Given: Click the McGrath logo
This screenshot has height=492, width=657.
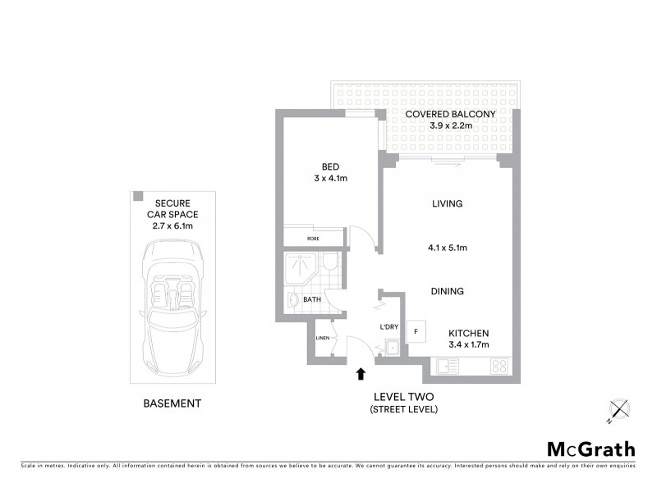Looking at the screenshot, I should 591,449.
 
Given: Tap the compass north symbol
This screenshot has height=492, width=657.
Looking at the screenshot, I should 617,409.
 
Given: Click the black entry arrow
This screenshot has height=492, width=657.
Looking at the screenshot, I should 360,375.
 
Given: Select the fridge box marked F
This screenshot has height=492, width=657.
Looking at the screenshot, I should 417,331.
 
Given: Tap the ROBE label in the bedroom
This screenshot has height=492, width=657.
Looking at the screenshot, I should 313,238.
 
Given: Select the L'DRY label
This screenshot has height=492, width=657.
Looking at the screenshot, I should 389,328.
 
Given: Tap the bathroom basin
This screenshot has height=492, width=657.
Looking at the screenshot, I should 295,302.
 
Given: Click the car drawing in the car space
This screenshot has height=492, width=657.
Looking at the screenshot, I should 173,300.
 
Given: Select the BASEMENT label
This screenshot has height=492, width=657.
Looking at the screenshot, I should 172,403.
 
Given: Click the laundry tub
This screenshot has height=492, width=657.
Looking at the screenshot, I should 393,348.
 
